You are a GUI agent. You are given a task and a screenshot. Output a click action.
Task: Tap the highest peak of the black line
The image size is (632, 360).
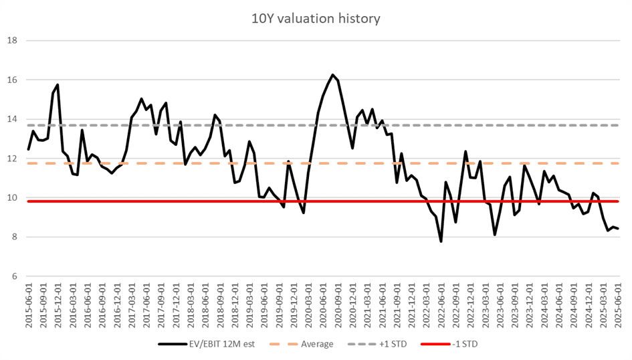(332, 75)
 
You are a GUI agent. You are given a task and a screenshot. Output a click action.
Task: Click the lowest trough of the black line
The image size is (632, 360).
(441, 241)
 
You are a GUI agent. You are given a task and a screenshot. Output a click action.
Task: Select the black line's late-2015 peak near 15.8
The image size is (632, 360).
(58, 85)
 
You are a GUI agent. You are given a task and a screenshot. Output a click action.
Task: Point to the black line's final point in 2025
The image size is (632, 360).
(617, 229)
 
